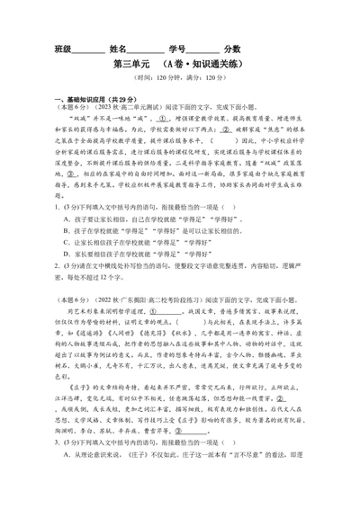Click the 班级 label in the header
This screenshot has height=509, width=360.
(63, 49)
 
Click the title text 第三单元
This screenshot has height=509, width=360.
(132, 65)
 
